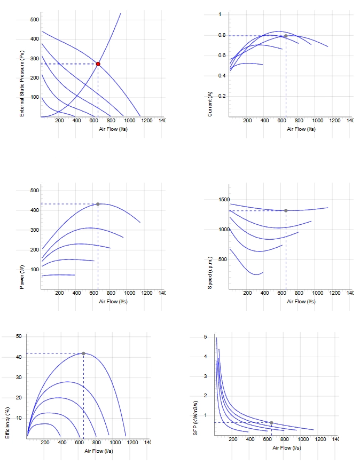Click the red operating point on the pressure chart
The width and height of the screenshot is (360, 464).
pos(98,64)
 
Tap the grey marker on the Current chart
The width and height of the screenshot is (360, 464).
pos(286,36)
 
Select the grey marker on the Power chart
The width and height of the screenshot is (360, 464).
pos(98,204)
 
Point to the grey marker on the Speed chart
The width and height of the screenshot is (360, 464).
pos(286,211)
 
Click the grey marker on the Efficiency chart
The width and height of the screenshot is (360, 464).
pos(83,353)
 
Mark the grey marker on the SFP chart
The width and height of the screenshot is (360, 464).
pos(271,423)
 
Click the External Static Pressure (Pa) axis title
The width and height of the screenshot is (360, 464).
pos(22,83)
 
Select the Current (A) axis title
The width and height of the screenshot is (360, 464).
pos(210,104)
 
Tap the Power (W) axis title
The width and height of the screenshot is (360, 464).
pos(22,277)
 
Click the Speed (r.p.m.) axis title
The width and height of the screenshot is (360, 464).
pos(210,273)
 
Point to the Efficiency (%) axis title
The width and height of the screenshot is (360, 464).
pos(7,423)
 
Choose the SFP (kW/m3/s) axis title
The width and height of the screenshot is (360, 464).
pos(195,418)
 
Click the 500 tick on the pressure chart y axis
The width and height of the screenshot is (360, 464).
pos(35,20)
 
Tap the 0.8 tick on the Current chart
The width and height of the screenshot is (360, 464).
pos(222,35)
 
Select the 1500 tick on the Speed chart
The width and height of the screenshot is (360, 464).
pos(224,200)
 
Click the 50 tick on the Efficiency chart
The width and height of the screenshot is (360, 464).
pos(19,336)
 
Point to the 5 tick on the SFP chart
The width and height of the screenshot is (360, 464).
pos(206,337)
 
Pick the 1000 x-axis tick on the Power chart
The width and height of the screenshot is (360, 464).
pos(129,293)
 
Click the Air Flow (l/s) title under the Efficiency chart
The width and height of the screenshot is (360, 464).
pos(99,451)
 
